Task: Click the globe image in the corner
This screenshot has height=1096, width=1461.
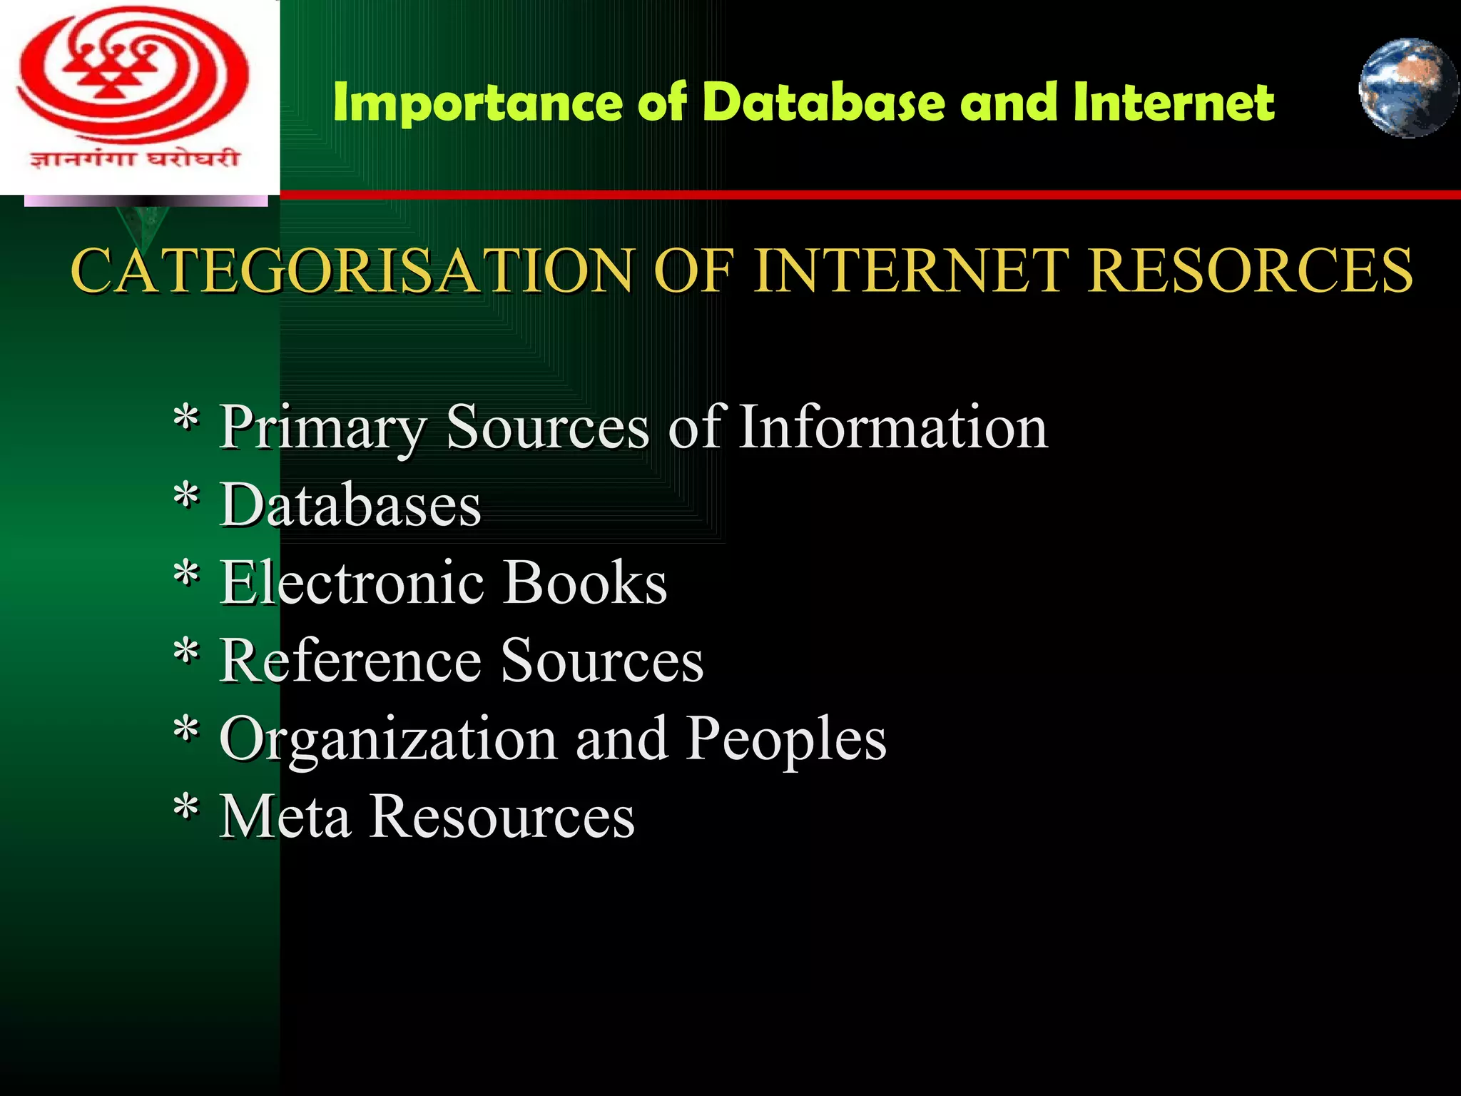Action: [1407, 88]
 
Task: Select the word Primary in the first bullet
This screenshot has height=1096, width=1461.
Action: [323, 427]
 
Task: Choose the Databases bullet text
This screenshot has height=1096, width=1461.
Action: [350, 504]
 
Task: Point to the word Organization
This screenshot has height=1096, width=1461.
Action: [389, 740]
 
